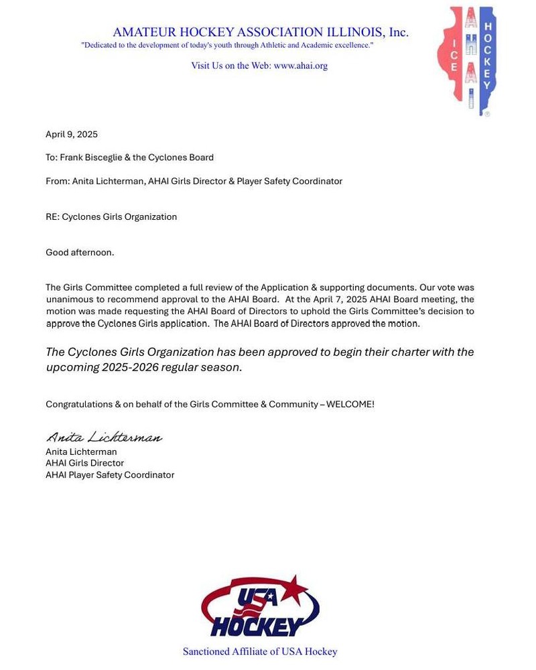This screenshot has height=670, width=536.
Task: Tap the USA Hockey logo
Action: coord(260,606)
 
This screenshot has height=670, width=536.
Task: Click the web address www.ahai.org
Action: coord(300,66)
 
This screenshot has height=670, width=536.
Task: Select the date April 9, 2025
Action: coord(72,135)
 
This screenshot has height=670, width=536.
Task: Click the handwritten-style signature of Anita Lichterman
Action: coord(104,438)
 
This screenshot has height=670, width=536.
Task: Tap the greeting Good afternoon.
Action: coord(80,253)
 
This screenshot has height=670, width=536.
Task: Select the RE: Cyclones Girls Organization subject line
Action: coord(111,217)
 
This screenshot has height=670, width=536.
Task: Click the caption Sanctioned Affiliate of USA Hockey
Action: coord(260,651)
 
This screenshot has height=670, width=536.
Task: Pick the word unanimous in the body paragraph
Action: coord(68,299)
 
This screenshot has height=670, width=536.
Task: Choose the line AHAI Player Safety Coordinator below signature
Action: coord(110,475)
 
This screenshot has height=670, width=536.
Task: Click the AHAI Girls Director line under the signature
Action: coord(85,464)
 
